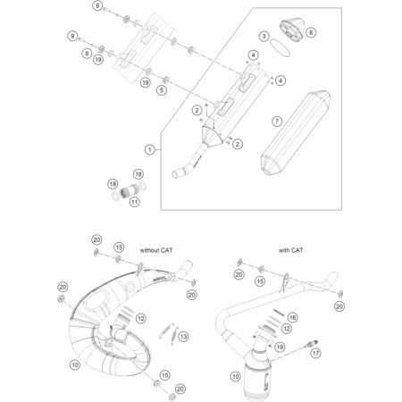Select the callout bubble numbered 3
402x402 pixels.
pos(264,36)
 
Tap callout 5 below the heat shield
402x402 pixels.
pos(162,90)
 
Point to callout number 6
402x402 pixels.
pos(311,33)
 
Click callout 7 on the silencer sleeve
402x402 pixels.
pos(277,120)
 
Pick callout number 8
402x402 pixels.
pos(87,53)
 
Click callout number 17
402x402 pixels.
pos(339,353)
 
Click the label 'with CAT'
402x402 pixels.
pos(289,252)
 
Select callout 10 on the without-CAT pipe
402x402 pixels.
pos(74,364)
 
